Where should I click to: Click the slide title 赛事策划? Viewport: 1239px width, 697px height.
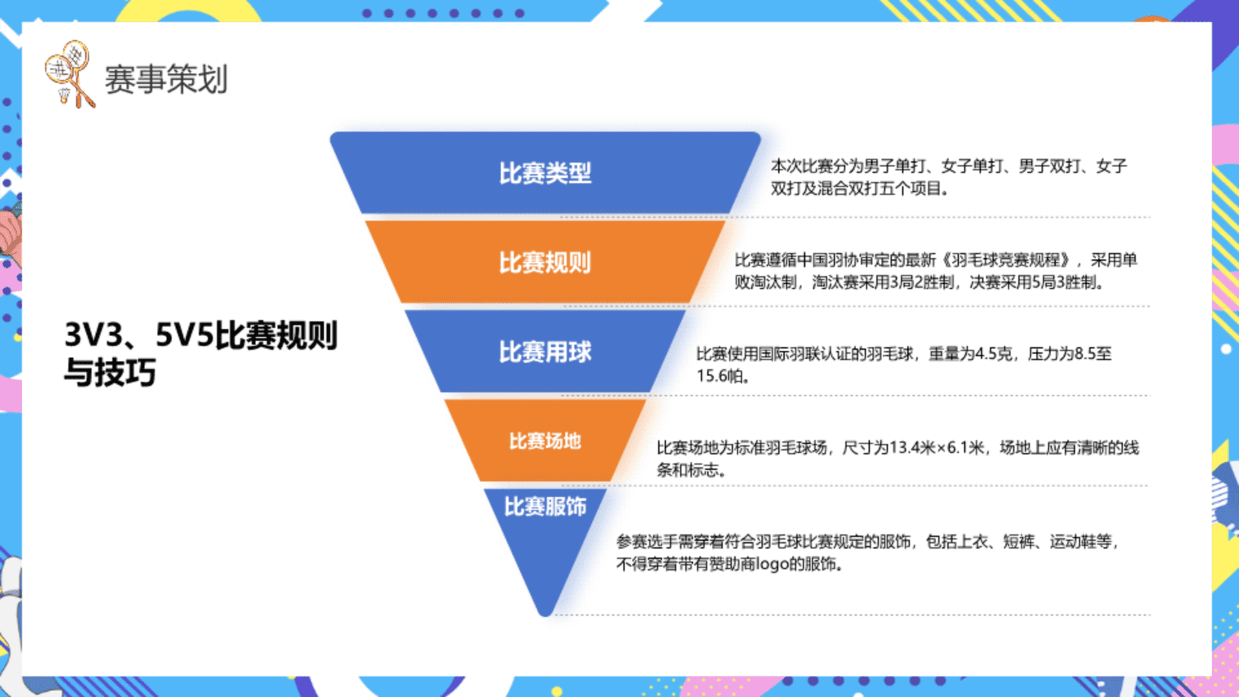click(x=166, y=80)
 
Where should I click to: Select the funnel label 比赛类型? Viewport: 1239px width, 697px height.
click(x=545, y=173)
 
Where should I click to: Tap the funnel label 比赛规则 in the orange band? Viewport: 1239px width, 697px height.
click(x=545, y=263)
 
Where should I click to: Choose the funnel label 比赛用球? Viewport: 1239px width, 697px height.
click(x=545, y=352)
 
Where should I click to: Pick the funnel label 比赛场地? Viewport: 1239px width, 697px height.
click(x=545, y=441)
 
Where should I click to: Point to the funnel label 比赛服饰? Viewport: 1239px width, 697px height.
click(x=545, y=507)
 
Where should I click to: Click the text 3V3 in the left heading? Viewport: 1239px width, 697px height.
click(x=94, y=335)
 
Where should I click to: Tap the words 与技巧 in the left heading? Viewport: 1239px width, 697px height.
click(x=110, y=372)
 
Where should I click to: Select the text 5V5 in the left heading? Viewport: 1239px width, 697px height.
click(x=185, y=335)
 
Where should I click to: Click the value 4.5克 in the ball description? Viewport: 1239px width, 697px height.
click(x=994, y=354)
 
